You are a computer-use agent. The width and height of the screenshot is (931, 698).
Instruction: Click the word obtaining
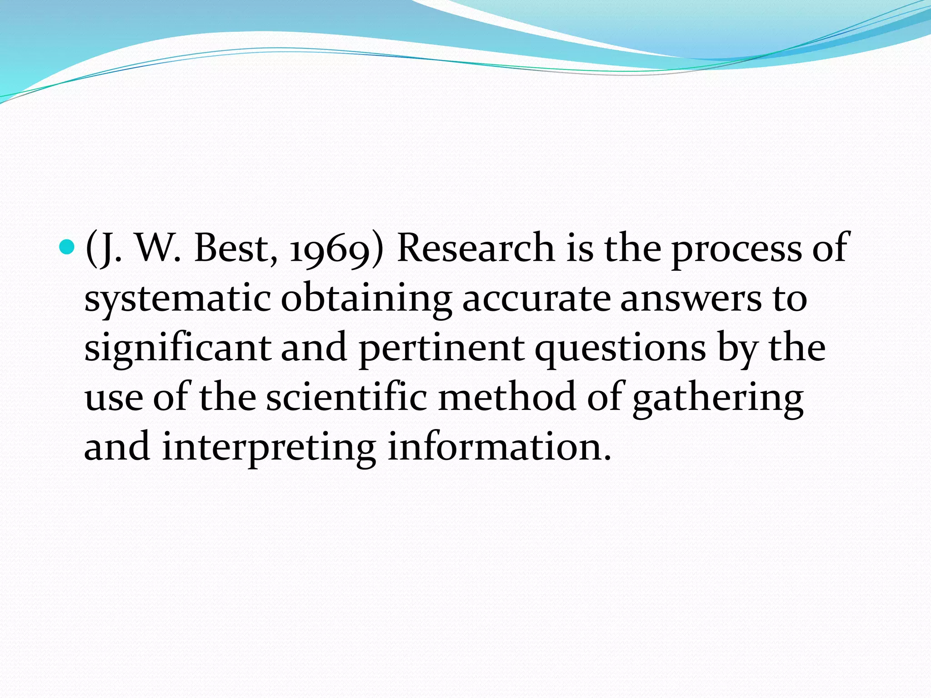pos(366,300)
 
